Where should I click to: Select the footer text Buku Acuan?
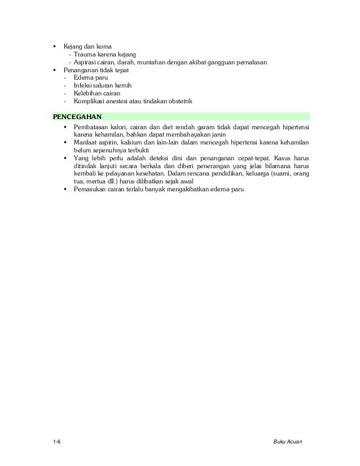click(x=287, y=441)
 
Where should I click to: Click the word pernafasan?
click(x=252, y=61)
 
